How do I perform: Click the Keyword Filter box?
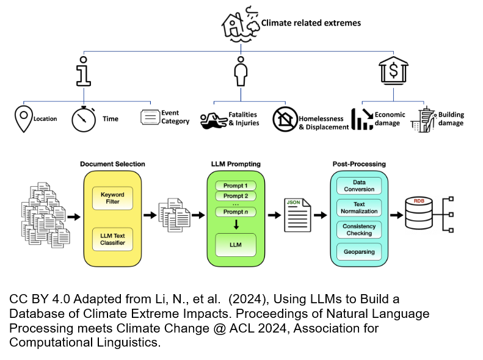[112, 198]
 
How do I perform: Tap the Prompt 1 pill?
[236, 185]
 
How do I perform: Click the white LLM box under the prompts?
[236, 245]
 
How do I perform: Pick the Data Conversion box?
[359, 185]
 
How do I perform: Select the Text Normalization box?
[359, 207]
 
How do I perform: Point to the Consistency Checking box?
[359, 229]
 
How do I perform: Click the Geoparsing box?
[359, 251]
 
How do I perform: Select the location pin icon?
[24, 118]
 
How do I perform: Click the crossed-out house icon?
[284, 118]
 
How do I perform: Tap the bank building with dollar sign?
[393, 70]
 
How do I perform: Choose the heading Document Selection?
[112, 164]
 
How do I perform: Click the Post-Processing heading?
[358, 164]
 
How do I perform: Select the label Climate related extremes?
[311, 23]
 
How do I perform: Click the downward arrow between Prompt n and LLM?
[236, 225]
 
